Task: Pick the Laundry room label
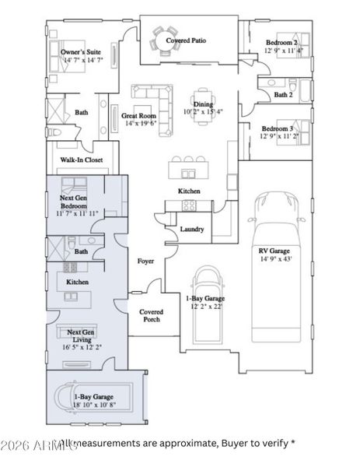click(x=191, y=229)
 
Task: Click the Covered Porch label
click(x=151, y=316)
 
